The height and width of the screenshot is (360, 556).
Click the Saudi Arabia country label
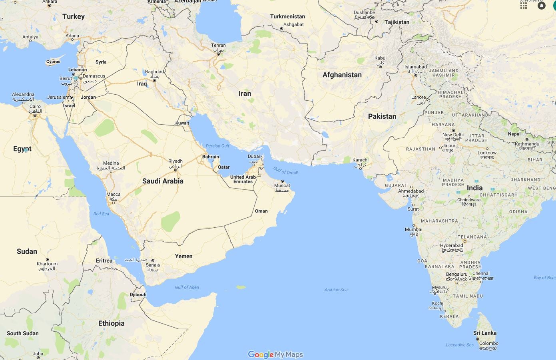[x=163, y=181]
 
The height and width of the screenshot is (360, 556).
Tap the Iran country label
[x=245, y=93]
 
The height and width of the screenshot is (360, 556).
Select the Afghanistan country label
[x=342, y=75]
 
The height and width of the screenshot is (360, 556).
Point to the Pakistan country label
[x=382, y=116]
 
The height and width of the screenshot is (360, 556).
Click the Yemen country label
[x=183, y=256]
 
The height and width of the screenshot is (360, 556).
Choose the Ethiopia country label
[x=111, y=323]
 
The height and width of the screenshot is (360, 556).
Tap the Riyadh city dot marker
[x=175, y=170]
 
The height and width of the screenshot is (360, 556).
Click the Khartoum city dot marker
[x=47, y=259]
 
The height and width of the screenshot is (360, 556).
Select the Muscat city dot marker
[x=282, y=181]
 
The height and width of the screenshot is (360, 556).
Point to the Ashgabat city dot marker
[x=281, y=29]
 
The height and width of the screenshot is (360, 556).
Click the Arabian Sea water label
[x=336, y=290]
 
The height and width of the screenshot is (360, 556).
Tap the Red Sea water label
[x=101, y=214]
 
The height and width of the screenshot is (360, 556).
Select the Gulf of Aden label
[x=187, y=287]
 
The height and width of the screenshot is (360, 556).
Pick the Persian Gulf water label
[x=218, y=146]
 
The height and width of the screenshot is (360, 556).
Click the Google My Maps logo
[x=275, y=354]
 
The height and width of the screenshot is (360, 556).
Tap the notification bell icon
[x=542, y=6]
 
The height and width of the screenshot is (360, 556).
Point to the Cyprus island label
[x=53, y=62]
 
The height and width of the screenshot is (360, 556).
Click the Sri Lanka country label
[x=485, y=333]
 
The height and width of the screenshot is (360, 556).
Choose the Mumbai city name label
[x=413, y=229]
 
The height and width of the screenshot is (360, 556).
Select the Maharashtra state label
[x=439, y=221]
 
